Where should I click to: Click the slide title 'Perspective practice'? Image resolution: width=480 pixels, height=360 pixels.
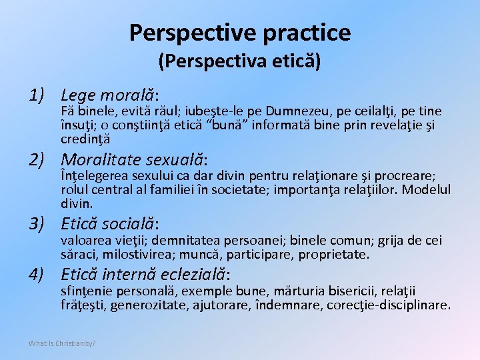pos(240,31)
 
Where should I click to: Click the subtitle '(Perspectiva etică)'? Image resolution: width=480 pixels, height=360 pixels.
pos(240,62)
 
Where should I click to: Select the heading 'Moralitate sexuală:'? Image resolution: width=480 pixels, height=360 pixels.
pos(134,160)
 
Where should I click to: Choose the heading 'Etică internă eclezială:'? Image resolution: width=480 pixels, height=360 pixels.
pos(145,274)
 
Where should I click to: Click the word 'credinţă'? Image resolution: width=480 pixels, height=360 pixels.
pos(85,139)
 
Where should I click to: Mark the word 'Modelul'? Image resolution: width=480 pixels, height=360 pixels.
pos(427,189)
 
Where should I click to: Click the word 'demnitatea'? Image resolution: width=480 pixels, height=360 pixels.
pos(189,240)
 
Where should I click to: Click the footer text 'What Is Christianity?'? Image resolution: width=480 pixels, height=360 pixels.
pos(62,343)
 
